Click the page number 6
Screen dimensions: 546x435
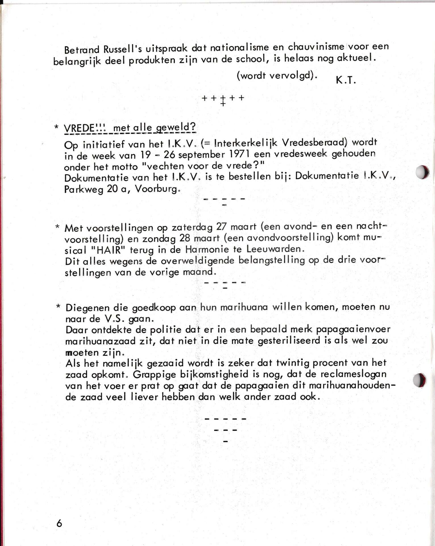(59, 523)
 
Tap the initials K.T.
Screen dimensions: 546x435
(346, 80)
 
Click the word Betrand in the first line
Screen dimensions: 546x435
(82, 50)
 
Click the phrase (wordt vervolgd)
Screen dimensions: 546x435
(277, 76)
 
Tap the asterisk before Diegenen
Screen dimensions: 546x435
(58, 307)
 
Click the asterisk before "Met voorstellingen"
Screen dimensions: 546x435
(58, 227)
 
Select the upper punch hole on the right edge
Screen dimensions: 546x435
(422, 172)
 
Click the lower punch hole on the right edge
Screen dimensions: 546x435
(419, 380)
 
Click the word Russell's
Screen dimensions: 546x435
(123, 49)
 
